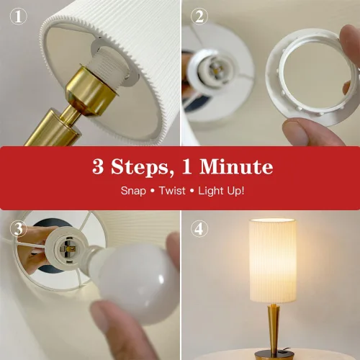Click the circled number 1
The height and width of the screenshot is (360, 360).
tap(18, 17)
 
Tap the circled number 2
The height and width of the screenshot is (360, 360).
tap(199, 17)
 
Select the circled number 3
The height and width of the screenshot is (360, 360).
tap(18, 229)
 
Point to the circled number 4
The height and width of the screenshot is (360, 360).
tap(199, 229)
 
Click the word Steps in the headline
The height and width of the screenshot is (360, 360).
tap(140, 167)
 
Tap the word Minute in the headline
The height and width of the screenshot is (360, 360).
tap(236, 166)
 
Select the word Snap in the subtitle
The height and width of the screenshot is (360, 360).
tap(133, 191)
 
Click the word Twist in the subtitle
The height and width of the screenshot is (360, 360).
tap(172, 191)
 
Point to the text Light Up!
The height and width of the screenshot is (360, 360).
tap(221, 191)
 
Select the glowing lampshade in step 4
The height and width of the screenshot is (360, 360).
tap(273, 261)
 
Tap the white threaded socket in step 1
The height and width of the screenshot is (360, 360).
tap(108, 63)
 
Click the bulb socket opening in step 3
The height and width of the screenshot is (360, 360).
tap(68, 247)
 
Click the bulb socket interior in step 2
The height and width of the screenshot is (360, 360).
tap(215, 69)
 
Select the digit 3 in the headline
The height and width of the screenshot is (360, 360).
tap(98, 166)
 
